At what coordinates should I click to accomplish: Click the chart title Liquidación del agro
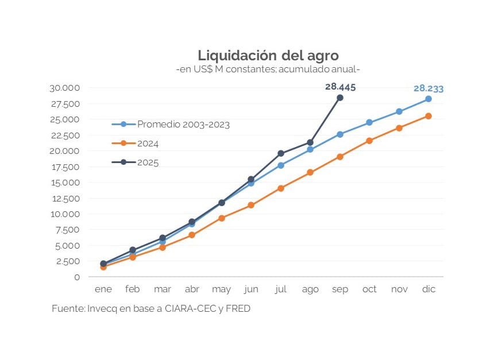pyautogui.click(x=268, y=56)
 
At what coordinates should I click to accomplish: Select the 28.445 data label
pyautogui.click(x=340, y=87)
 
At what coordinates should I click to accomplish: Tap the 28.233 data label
pyautogui.click(x=428, y=88)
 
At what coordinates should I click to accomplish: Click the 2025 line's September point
pyautogui.click(x=340, y=98)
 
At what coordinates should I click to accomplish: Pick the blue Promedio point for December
pyautogui.click(x=428, y=99)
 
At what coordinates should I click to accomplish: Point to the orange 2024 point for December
pyautogui.click(x=428, y=116)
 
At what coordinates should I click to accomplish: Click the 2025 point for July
pyautogui.click(x=281, y=153)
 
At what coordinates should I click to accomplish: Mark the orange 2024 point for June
pyautogui.click(x=251, y=205)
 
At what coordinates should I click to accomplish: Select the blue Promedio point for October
pyautogui.click(x=369, y=122)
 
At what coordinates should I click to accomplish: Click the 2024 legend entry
pyautogui.click(x=148, y=144)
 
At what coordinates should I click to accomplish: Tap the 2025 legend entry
pyautogui.click(x=148, y=162)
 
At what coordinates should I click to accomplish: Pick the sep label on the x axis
pyautogui.click(x=340, y=289)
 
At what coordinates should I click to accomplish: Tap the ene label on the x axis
pyautogui.click(x=103, y=289)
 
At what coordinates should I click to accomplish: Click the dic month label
pyautogui.click(x=428, y=289)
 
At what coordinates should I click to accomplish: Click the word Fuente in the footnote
pyautogui.click(x=68, y=309)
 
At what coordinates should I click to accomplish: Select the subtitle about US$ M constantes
pyautogui.click(x=268, y=69)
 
